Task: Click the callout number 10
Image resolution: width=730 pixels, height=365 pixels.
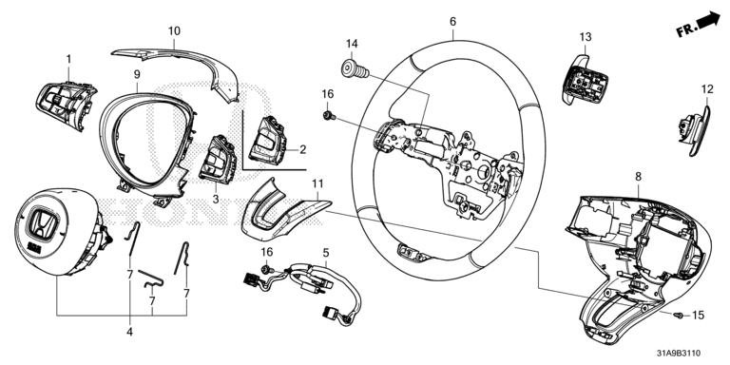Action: point(174,31)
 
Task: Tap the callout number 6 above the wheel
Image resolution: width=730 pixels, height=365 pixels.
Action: point(453,22)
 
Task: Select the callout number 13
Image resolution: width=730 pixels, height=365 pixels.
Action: point(586,36)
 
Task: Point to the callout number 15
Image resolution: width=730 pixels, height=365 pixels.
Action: point(698,316)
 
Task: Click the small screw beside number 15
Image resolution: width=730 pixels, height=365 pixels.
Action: point(679,316)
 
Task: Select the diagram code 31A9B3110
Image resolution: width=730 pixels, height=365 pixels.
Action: point(679,354)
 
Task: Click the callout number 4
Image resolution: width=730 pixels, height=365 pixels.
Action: point(129,332)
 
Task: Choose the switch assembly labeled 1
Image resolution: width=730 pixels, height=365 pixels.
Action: point(66,105)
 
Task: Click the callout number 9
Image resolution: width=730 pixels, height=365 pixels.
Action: point(137,74)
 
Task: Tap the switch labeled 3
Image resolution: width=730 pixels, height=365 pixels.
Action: point(218,159)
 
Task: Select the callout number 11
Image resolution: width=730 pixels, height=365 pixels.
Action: point(317,183)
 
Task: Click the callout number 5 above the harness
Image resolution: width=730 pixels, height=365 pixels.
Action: point(326,253)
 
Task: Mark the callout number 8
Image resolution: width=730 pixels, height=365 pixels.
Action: point(638,177)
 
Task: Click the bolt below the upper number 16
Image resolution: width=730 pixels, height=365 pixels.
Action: point(329,115)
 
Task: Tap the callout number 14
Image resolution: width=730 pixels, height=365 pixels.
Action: point(352,45)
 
